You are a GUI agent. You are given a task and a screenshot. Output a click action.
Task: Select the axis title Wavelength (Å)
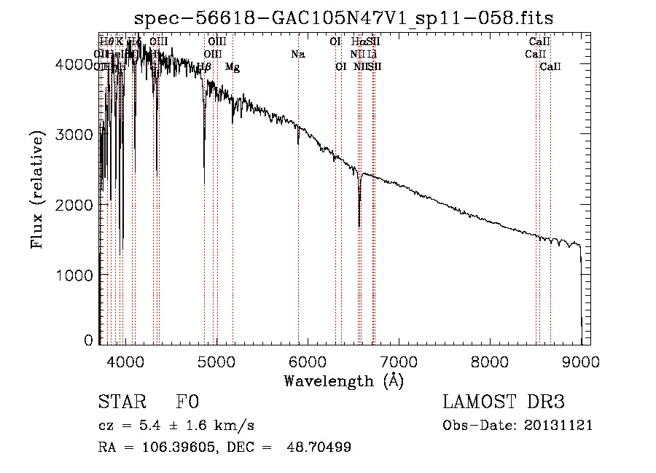[343, 380]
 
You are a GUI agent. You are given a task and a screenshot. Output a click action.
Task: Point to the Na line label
[297, 54]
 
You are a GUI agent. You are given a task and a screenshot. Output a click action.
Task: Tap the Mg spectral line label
[233, 67]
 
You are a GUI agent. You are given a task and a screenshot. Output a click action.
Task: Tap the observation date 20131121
[560, 425]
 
